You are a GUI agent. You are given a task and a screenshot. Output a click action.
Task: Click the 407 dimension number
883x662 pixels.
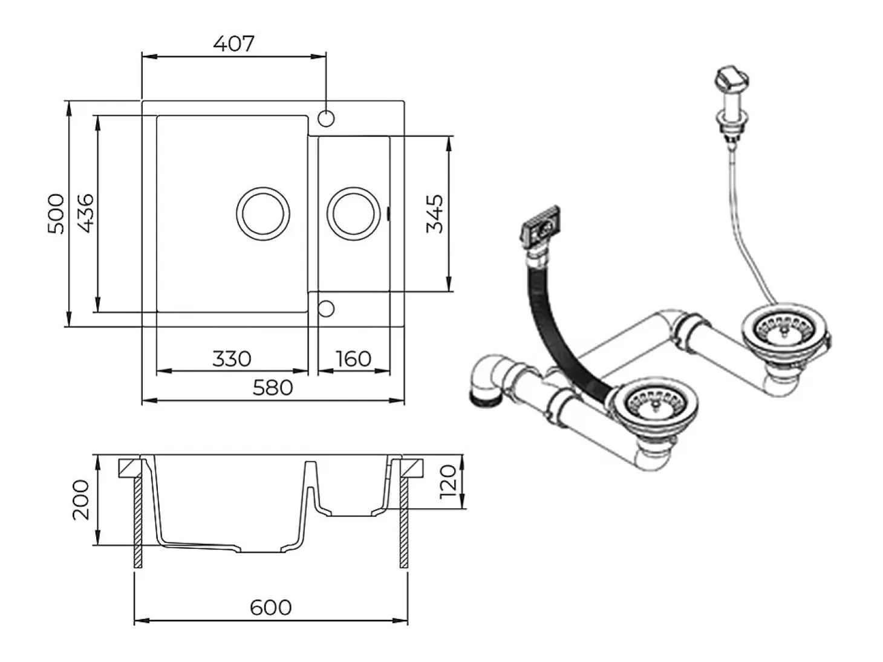pos(233,44)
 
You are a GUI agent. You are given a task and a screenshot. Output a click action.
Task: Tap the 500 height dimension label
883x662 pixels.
pos(56,214)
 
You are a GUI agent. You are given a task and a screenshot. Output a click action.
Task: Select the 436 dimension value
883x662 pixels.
pos(85,213)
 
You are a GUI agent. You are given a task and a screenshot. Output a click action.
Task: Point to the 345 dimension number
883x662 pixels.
pos(434,214)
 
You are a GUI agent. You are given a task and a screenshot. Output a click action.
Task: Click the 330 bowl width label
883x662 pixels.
pos(232,359)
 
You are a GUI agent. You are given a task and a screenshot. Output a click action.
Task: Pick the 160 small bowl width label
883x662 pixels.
pos(354,359)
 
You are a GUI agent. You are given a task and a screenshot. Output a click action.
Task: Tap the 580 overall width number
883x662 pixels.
pos(273,388)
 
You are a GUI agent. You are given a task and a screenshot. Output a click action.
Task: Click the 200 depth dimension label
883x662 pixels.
pos(80,499)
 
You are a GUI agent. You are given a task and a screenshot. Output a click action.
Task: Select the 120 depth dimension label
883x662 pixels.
pos(448,482)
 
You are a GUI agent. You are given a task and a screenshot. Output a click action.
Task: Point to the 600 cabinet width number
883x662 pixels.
pos(271,608)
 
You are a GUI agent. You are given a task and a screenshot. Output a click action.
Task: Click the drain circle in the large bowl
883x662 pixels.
pos(263,187)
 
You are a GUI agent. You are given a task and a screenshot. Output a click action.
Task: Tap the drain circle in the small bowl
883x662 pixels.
pos(354,187)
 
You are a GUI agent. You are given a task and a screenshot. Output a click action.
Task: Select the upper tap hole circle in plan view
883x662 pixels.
pos(326,118)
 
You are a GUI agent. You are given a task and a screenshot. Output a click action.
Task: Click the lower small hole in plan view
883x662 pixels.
pos(326,309)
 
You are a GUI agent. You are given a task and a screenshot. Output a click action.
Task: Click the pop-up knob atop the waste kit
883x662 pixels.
pos(731,79)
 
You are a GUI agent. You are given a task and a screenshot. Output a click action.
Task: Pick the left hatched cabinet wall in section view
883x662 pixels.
pos(137,522)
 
